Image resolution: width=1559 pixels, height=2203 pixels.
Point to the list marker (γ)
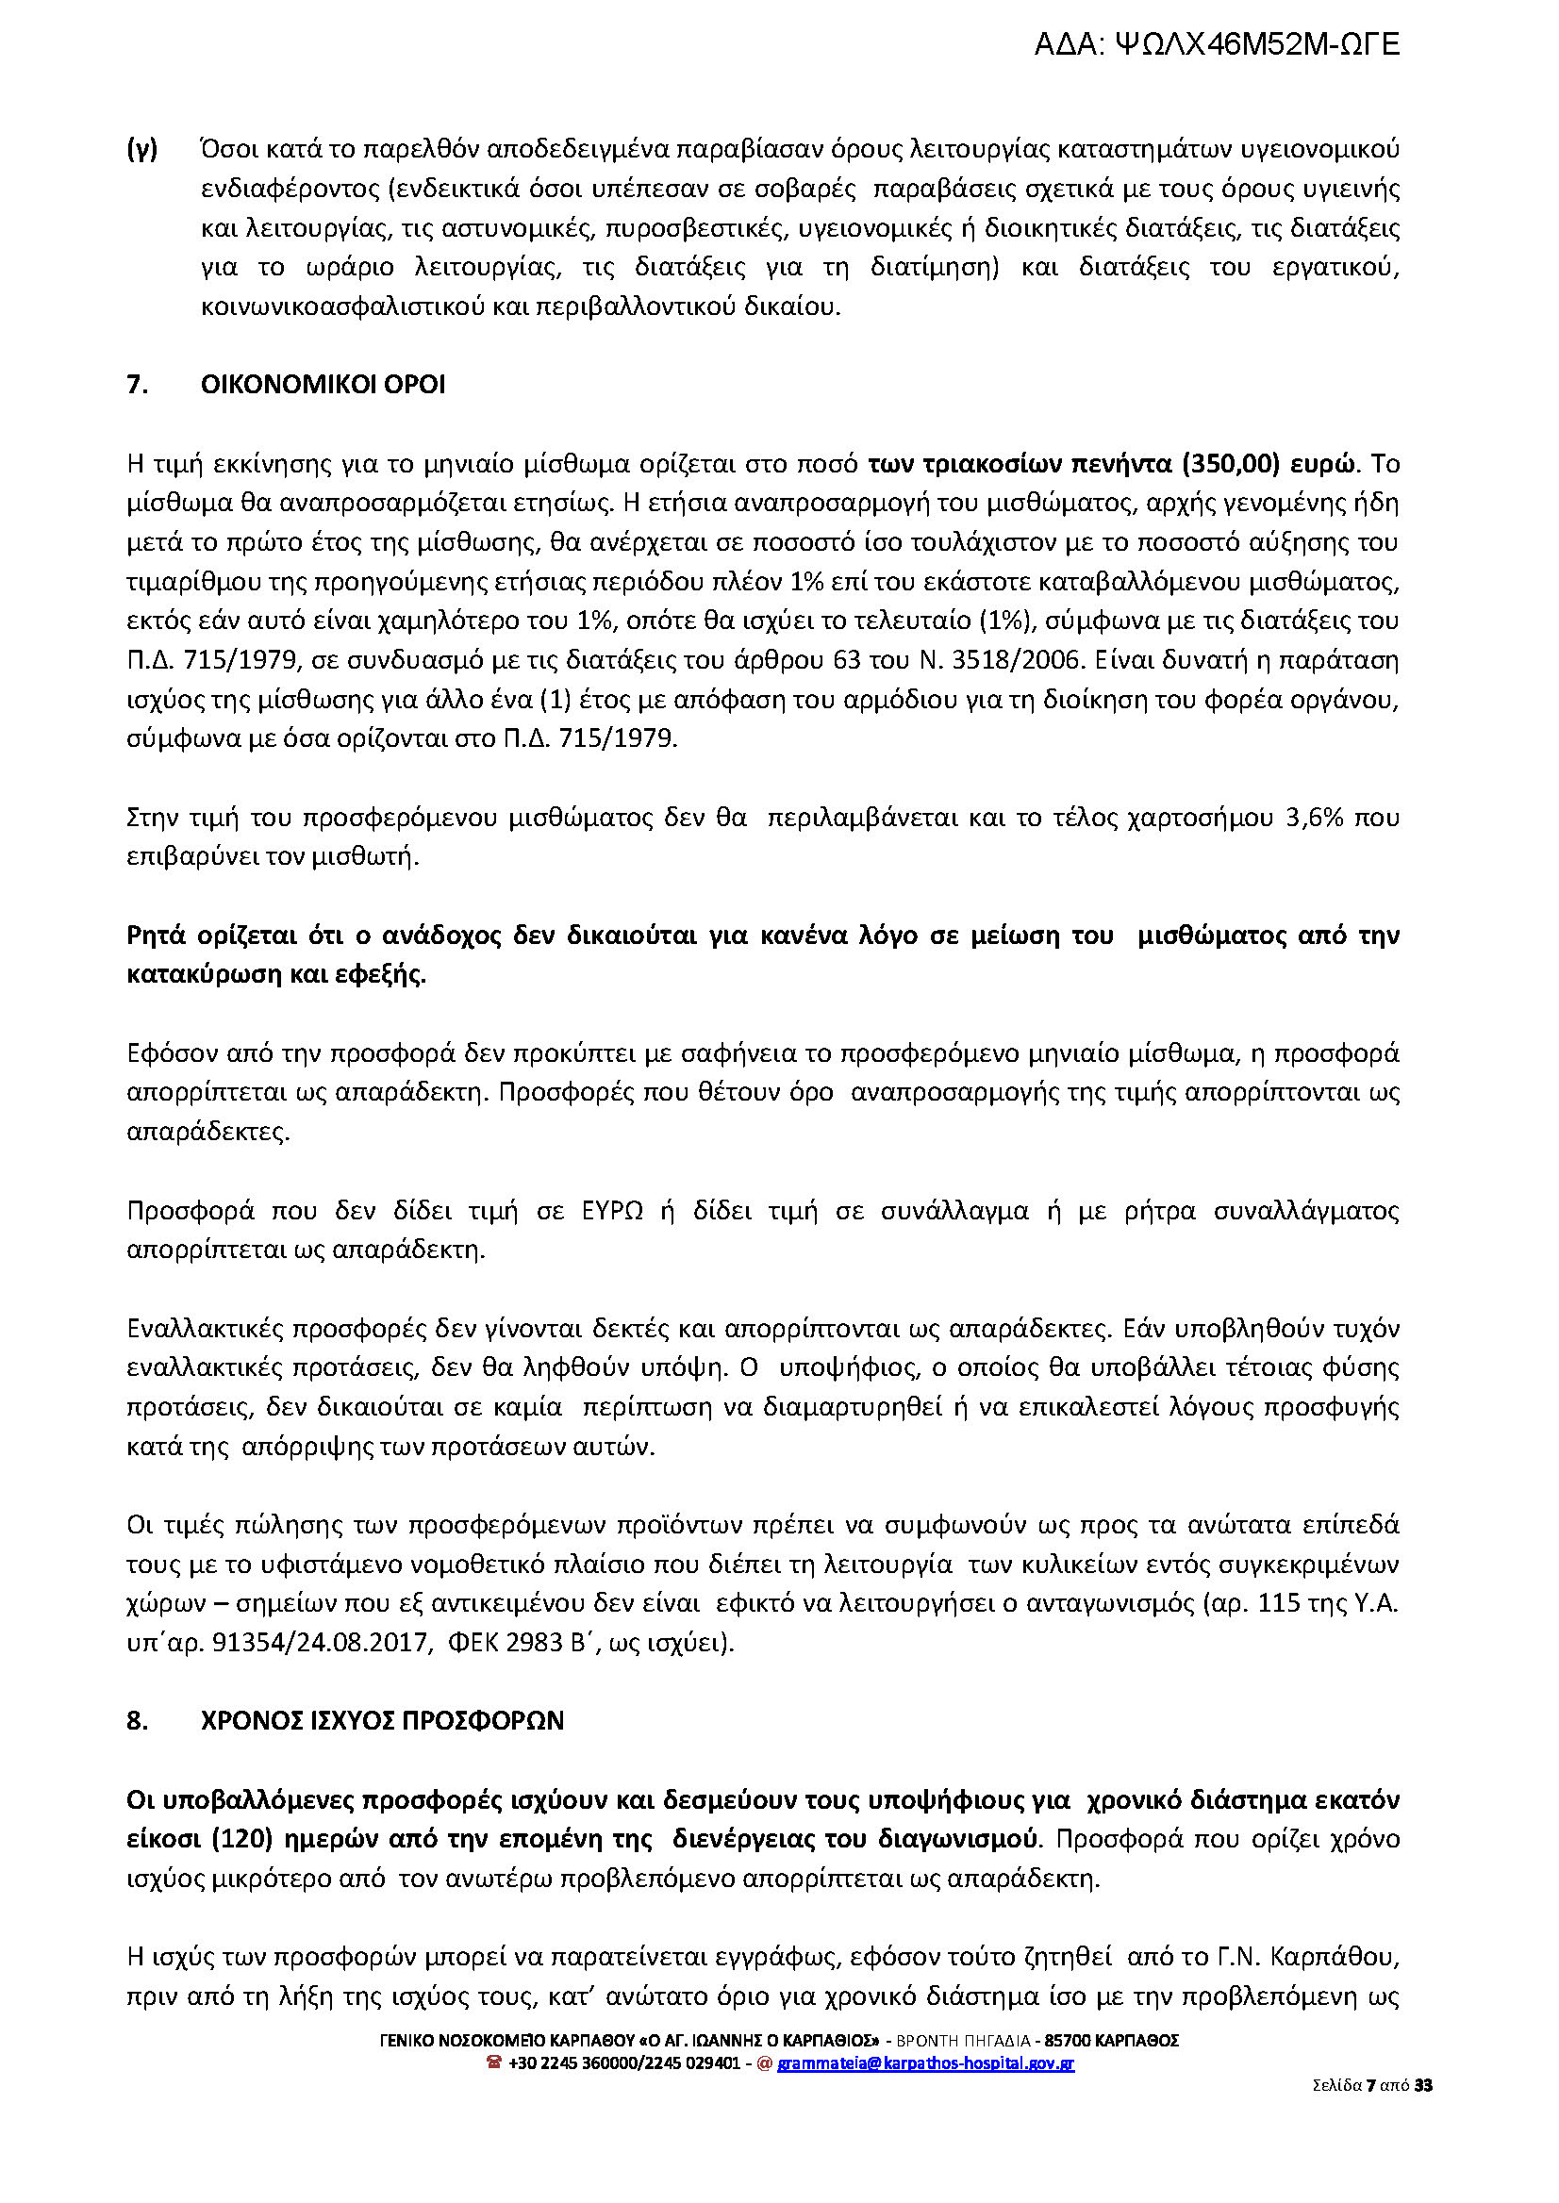[x=142, y=149]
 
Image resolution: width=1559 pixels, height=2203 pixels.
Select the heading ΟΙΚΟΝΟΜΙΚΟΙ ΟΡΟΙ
[x=323, y=385]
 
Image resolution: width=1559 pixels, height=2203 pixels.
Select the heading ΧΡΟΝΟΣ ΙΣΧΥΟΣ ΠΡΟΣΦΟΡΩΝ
[x=382, y=1721]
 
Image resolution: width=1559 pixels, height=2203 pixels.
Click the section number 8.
[x=138, y=1721]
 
